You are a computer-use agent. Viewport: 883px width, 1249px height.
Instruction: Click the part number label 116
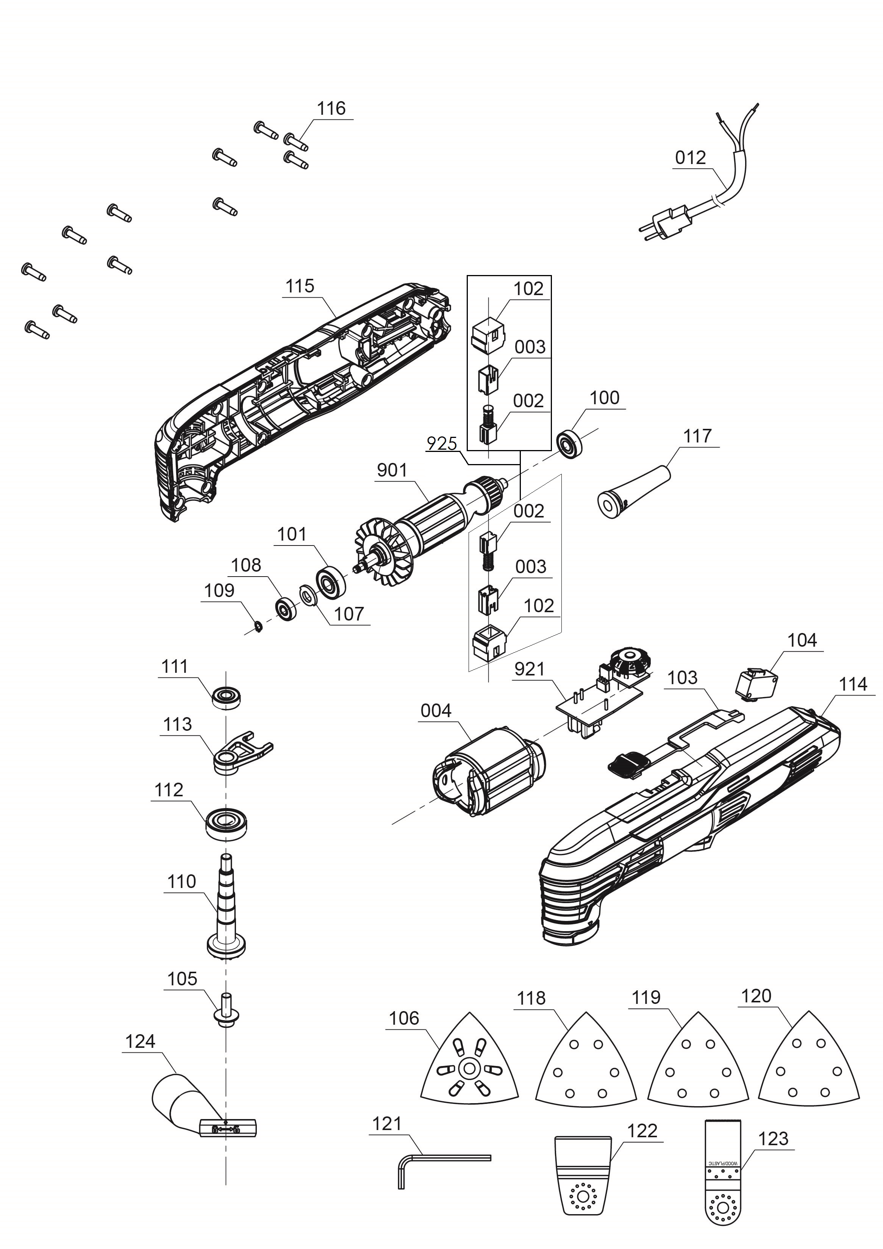(331, 108)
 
